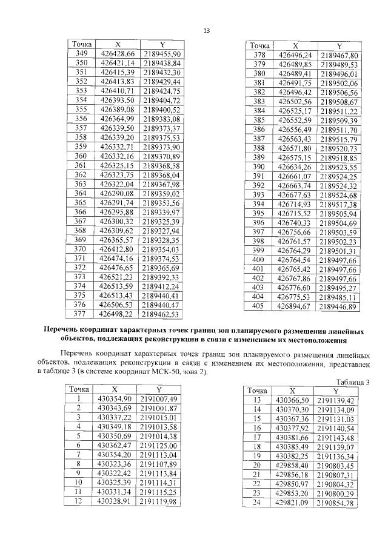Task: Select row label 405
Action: pos(259,306)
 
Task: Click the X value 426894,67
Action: pos(294,306)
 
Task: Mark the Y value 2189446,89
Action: pos(339,306)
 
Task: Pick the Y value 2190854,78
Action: pos(335,503)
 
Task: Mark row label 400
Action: pos(259,260)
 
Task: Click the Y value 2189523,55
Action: pos(339,167)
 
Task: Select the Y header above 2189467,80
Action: pos(339,46)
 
